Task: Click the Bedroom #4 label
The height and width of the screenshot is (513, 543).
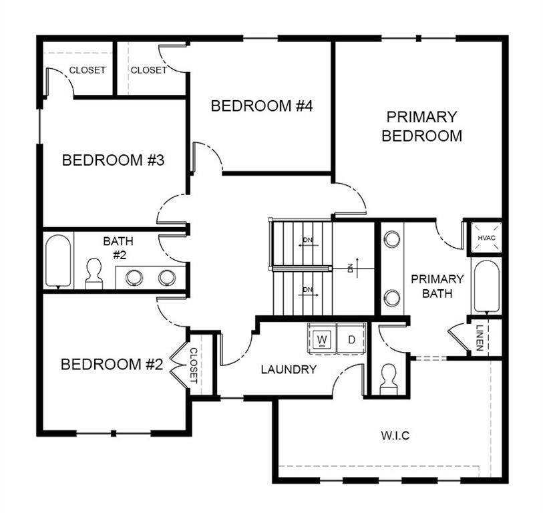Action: pyautogui.click(x=262, y=106)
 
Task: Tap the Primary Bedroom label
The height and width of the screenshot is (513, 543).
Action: pyautogui.click(x=421, y=126)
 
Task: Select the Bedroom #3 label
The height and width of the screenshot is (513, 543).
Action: pyautogui.click(x=113, y=160)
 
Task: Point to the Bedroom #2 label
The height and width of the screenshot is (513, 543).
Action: pyautogui.click(x=112, y=364)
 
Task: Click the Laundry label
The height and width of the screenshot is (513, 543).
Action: pyautogui.click(x=289, y=369)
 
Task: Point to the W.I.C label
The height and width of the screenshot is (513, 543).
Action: pyautogui.click(x=395, y=436)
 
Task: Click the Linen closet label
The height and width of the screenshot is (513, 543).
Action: pyautogui.click(x=480, y=337)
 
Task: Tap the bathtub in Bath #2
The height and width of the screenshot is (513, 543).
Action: pyautogui.click(x=58, y=261)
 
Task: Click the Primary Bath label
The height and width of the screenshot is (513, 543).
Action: pyautogui.click(x=437, y=286)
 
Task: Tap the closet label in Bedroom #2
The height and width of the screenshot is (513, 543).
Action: pyautogui.click(x=194, y=366)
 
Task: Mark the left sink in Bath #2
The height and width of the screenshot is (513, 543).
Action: pyautogui.click(x=134, y=277)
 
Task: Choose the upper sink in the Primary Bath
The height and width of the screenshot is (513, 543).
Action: pyautogui.click(x=391, y=238)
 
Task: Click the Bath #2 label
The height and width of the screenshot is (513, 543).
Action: pyautogui.click(x=118, y=248)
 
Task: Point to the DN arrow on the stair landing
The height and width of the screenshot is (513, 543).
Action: pyautogui.click(x=353, y=267)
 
